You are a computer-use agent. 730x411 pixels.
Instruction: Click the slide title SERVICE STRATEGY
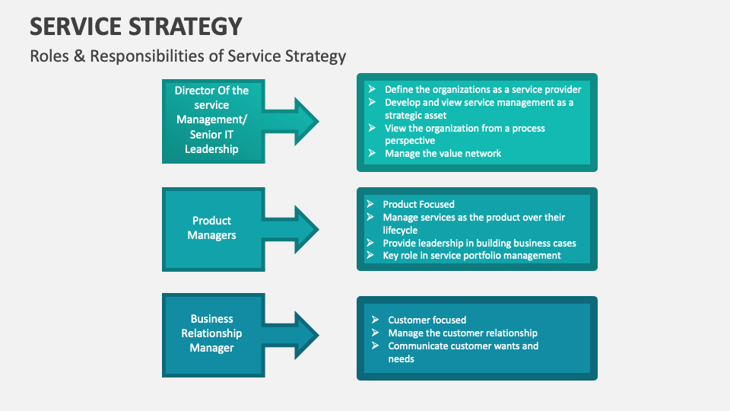click(x=136, y=26)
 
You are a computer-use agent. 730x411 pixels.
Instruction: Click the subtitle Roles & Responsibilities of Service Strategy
click(x=188, y=56)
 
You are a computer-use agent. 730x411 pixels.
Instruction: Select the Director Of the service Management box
click(x=212, y=120)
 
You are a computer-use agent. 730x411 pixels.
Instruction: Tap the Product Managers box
click(x=212, y=228)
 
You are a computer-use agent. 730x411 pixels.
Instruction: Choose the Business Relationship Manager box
click(x=212, y=333)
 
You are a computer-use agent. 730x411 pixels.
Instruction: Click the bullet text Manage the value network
click(x=443, y=153)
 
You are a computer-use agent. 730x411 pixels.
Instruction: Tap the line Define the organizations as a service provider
click(x=483, y=89)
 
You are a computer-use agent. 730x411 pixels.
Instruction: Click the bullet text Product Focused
click(x=418, y=204)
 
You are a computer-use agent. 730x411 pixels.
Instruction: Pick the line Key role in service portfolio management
click(x=471, y=255)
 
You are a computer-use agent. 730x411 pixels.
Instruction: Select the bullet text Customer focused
click(x=427, y=320)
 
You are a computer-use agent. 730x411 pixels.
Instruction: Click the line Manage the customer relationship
click(x=462, y=333)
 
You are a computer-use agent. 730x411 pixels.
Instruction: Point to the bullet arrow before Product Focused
click(x=370, y=204)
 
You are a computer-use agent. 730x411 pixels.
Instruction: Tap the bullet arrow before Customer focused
click(x=375, y=320)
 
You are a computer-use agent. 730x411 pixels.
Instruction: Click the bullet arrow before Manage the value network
click(x=372, y=153)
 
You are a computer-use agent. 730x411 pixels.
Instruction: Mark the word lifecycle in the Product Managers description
click(x=400, y=230)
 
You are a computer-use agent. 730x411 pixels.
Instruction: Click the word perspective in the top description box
click(x=410, y=141)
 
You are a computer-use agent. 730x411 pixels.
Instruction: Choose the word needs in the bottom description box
click(x=401, y=358)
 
